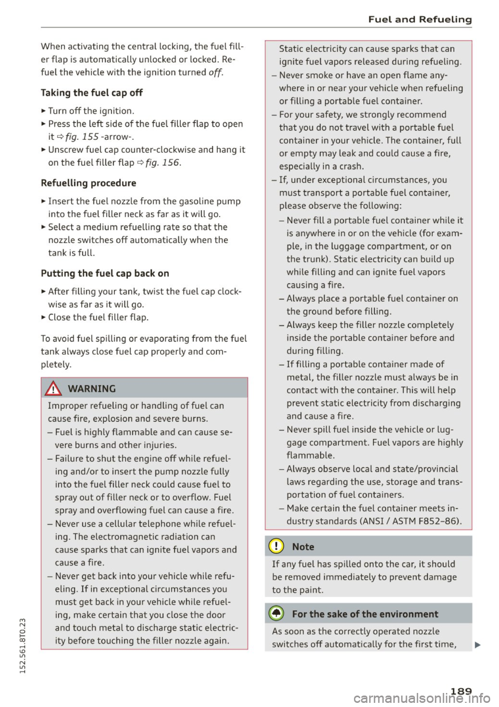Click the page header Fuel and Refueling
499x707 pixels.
(419, 20)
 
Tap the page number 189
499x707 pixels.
(461, 691)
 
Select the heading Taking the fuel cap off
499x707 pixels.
(91, 93)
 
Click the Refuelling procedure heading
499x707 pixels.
(88, 183)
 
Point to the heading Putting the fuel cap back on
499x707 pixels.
(104, 274)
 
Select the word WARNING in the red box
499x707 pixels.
(91, 389)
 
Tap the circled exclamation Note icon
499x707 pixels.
(277, 547)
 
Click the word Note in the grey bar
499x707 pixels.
(303, 547)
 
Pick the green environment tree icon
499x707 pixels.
(277, 614)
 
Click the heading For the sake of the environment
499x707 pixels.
(365, 615)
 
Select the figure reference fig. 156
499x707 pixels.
(163, 163)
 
